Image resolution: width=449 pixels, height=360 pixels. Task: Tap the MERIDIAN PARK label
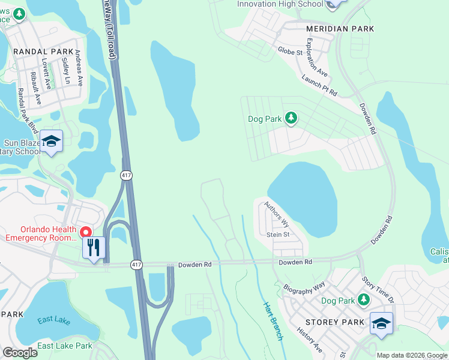pos(340,29)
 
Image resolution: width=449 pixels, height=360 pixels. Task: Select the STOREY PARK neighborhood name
pos(337,323)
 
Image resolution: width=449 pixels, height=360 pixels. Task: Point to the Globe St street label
pos(290,52)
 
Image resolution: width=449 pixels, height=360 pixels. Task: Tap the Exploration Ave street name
pos(317,58)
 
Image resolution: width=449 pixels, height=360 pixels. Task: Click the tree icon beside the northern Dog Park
pos(291,118)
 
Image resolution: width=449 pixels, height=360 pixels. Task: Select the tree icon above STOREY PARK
pos(363,299)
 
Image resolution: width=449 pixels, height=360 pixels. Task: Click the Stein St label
pos(277,235)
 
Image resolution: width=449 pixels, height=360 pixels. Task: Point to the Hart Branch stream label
pos(272,320)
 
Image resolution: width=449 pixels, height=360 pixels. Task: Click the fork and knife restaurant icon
pos(93,248)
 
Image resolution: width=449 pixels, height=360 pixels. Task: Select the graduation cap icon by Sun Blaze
pos(52,141)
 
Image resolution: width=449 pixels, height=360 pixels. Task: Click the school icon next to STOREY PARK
pos(381,323)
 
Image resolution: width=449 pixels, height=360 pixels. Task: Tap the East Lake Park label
pos(65,346)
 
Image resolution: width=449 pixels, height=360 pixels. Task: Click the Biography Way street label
pos(304,287)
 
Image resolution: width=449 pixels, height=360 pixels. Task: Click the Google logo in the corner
pos(20,353)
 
